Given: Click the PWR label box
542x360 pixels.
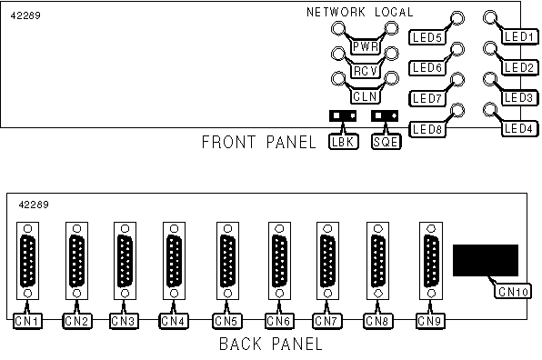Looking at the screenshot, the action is [366, 46].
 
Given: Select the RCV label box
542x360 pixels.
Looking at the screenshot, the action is [366, 71].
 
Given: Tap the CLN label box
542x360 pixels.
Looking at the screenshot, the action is [366, 96].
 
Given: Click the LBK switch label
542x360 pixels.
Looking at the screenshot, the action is [343, 142].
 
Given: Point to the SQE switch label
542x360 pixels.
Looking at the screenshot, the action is [386, 142].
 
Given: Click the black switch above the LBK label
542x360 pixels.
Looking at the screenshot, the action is [343, 116].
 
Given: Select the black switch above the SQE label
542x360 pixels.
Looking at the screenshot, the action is [385, 116].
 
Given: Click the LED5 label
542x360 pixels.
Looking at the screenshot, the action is [427, 37].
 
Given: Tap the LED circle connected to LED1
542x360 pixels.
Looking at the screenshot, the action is [489, 17].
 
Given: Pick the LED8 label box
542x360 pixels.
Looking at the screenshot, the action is [427, 129].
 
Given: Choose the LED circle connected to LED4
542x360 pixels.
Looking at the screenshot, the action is [489, 109].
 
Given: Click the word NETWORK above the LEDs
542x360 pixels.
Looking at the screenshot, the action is [336, 13].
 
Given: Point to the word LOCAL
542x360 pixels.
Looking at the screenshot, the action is [394, 13].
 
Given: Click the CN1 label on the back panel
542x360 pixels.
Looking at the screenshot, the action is [27, 321].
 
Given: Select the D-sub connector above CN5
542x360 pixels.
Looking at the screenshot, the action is [227, 261].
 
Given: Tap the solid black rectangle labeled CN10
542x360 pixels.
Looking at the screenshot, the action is [486, 261].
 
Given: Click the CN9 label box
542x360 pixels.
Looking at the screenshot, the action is [430, 321].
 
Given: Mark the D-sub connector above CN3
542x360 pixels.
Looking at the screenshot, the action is [125, 261].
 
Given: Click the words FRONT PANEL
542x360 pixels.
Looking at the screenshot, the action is [258, 143].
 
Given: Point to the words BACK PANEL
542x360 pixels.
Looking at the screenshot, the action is [271, 345].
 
